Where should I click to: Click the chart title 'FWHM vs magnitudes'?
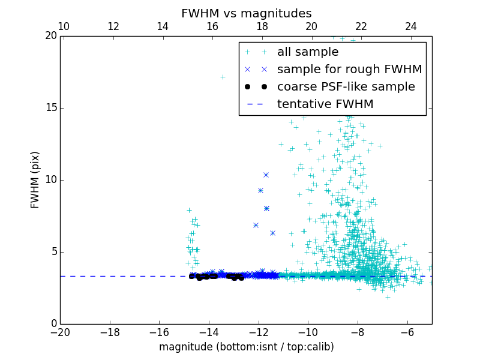[x=246, y=13]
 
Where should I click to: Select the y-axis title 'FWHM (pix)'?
[x=35, y=179]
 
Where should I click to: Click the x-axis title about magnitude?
[x=246, y=347]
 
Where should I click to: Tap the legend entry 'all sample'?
[x=308, y=52]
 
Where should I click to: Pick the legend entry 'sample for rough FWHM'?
[x=349, y=70]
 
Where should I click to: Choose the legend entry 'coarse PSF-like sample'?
[x=346, y=87]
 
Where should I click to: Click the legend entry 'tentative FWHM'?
[x=325, y=104]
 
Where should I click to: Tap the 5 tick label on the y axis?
[x=53, y=252]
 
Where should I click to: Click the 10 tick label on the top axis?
[x=63, y=26]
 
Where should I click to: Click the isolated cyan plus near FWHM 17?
[x=223, y=77]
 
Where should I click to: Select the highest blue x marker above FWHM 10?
[x=266, y=175]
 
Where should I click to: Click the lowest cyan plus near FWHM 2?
[x=388, y=296]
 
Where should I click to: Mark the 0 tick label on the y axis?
[x=53, y=324]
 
